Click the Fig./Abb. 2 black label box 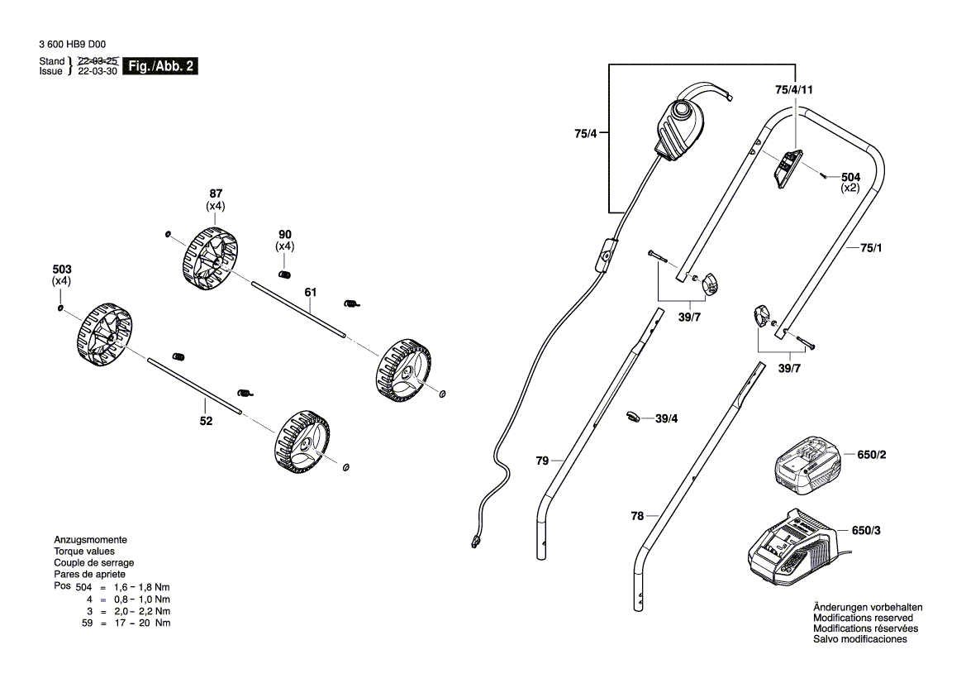[159, 66]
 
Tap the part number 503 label [62, 270]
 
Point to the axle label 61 [311, 292]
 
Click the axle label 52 [206, 421]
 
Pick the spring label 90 [285, 234]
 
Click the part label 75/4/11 [795, 89]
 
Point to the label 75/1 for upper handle [871, 246]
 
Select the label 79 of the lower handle [542, 461]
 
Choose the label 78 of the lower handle [636, 516]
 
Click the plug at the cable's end [475, 542]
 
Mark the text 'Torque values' [84, 551]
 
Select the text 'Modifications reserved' [863, 618]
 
